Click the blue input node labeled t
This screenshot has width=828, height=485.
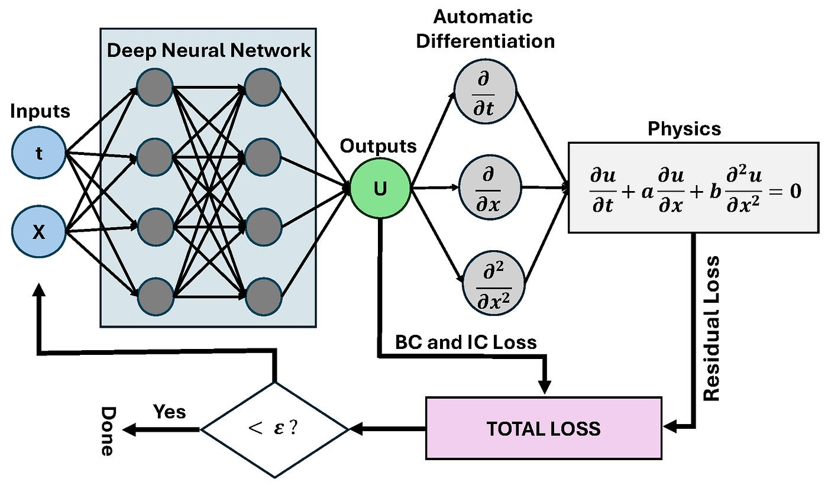pyautogui.click(x=38, y=154)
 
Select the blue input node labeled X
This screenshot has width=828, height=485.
pyautogui.click(x=38, y=232)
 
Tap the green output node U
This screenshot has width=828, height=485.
pyautogui.click(x=380, y=189)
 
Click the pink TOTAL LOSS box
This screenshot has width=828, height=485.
pyautogui.click(x=543, y=428)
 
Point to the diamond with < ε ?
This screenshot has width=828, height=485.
pyautogui.click(x=276, y=429)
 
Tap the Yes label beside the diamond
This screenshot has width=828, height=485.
pyautogui.click(x=169, y=411)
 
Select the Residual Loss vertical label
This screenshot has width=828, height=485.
pyautogui.click(x=712, y=328)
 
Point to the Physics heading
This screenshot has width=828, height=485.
pyautogui.click(x=684, y=128)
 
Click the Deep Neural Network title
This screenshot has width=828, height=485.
pyautogui.click(x=209, y=50)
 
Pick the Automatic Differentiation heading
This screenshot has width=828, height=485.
pyautogui.click(x=486, y=28)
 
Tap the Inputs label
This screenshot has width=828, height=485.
pyautogui.click(x=40, y=111)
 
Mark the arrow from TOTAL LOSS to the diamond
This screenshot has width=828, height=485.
pyautogui.click(x=388, y=429)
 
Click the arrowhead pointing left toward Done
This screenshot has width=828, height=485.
pyautogui.click(x=129, y=430)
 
